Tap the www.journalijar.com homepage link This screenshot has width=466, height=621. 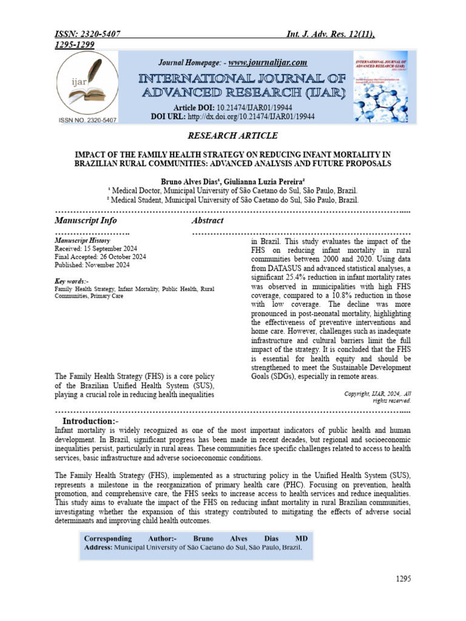tap(268, 62)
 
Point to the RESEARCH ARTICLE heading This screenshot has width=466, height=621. tap(232, 136)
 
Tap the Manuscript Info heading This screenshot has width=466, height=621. tap(86, 220)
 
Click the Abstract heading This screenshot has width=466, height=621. tap(208, 220)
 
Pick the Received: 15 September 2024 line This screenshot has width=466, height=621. tap(96, 249)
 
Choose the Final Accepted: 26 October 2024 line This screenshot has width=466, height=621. tap(100, 257)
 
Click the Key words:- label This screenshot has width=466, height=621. tap(72, 281)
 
